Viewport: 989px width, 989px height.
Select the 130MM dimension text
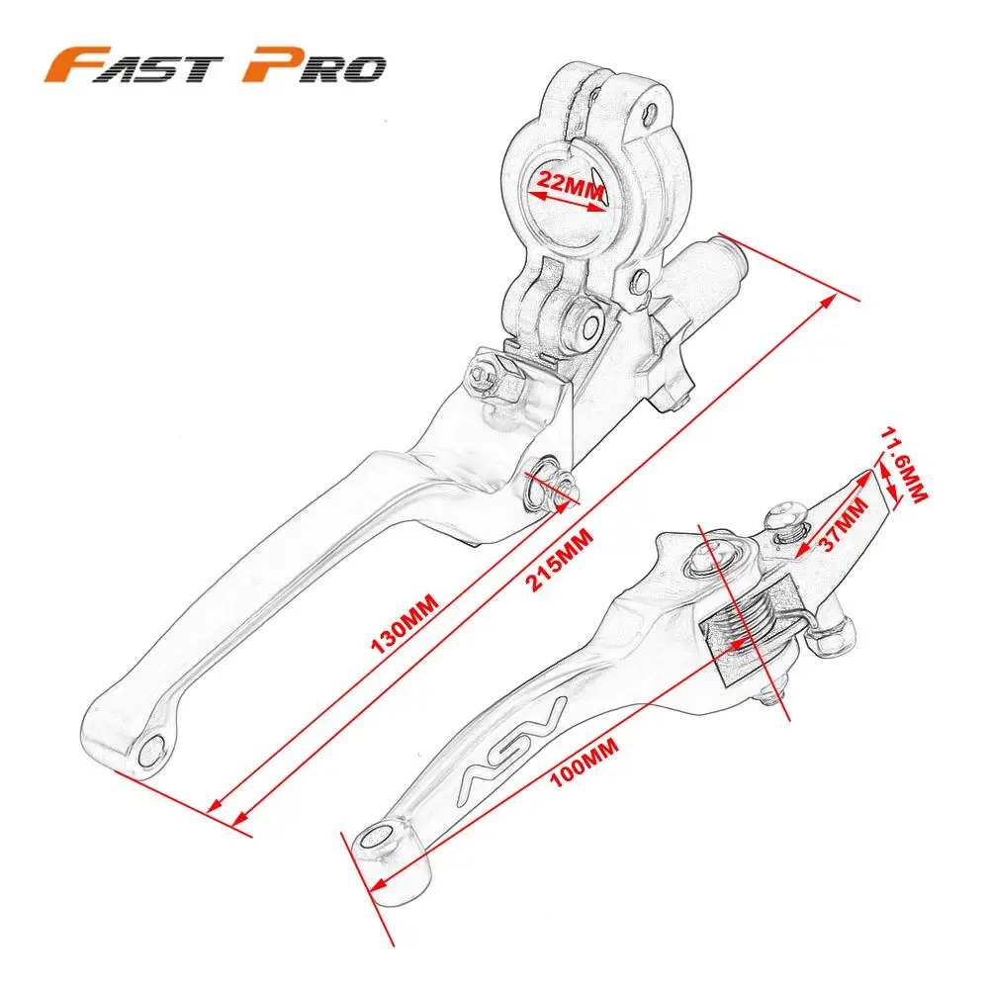405,626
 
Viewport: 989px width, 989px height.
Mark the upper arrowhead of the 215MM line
843,297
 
